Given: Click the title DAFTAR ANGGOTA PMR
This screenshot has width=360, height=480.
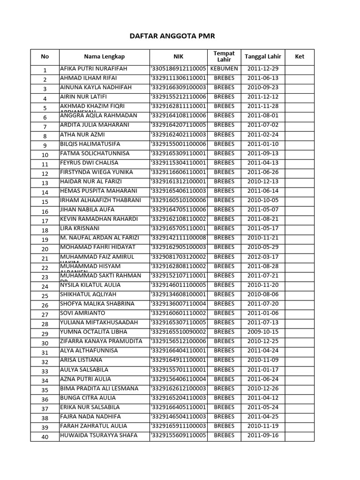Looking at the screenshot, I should click(x=172, y=36).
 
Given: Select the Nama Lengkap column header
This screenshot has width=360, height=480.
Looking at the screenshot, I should click(x=104, y=57).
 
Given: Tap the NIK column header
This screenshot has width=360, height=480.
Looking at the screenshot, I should click(x=178, y=57).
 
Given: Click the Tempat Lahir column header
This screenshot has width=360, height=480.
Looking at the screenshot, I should click(x=224, y=57).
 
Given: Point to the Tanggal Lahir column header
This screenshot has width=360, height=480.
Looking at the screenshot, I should click(x=263, y=57).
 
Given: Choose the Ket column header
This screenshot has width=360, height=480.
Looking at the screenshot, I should click(x=300, y=57).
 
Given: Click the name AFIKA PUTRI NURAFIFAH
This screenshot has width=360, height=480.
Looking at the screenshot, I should click(x=94, y=69).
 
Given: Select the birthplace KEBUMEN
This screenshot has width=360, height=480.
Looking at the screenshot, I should click(x=224, y=69).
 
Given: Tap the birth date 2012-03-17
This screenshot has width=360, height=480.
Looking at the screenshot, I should click(x=263, y=257).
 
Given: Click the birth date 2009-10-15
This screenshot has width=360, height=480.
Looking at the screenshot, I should click(x=263, y=332).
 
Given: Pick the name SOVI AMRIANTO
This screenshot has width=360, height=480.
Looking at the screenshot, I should click(x=82, y=313).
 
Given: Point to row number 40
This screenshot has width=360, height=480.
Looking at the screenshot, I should click(x=45, y=437).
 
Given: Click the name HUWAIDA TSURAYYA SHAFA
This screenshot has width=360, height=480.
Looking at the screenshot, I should click(x=99, y=435).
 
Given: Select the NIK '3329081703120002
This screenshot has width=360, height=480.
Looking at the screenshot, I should click(x=178, y=257).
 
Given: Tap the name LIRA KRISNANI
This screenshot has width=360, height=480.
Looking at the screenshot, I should click(x=80, y=229).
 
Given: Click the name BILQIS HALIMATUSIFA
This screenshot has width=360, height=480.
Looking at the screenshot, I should click(x=90, y=144).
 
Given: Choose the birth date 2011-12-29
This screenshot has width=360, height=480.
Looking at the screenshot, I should click(x=263, y=69).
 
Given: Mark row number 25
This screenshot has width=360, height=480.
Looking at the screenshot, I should click(x=45, y=296).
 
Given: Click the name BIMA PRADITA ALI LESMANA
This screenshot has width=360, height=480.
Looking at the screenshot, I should click(x=99, y=389).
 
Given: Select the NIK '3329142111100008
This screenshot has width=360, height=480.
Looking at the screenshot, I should click(x=178, y=238).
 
